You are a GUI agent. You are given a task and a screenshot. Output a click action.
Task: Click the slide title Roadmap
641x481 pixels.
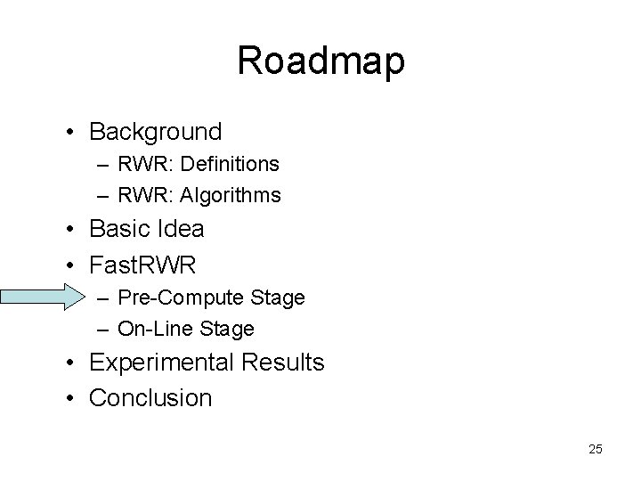[320, 61]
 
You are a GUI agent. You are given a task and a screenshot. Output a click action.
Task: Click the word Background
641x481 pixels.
[156, 133]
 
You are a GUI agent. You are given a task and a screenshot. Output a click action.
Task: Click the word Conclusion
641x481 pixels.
[150, 397]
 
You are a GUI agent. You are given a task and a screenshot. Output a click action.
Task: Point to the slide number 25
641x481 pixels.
[595, 449]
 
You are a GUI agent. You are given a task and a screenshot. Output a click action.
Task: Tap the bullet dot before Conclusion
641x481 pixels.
[70, 398]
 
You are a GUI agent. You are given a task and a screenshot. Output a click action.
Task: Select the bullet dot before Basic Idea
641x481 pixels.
[70, 230]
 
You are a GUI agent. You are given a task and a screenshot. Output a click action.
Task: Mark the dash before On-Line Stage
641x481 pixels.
[103, 330]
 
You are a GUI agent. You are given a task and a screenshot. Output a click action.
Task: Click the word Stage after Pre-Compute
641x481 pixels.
[277, 298]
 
